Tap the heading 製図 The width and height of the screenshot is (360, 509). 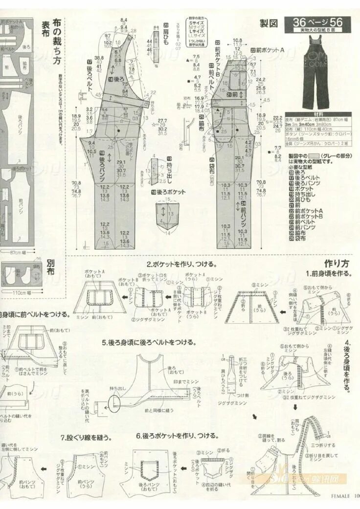click(x=269, y=23)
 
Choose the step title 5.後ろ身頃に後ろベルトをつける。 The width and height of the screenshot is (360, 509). click(x=150, y=343)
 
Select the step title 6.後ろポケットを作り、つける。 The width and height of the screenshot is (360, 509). click(x=177, y=435)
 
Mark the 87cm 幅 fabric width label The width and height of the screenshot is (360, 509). click(x=20, y=252)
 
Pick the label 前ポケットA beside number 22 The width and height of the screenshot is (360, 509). click(x=270, y=50)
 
